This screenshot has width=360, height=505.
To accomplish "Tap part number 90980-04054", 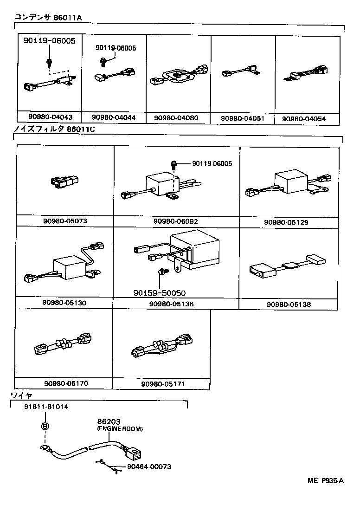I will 303,119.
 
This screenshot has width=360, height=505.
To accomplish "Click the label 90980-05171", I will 163,384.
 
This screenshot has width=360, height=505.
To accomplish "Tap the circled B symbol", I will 45,427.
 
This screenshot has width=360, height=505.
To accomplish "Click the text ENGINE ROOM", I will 120,429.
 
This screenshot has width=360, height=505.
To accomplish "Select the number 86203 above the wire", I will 109,422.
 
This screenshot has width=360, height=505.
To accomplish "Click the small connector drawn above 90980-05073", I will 65,182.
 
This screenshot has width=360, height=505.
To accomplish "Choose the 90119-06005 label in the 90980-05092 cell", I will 212,164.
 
